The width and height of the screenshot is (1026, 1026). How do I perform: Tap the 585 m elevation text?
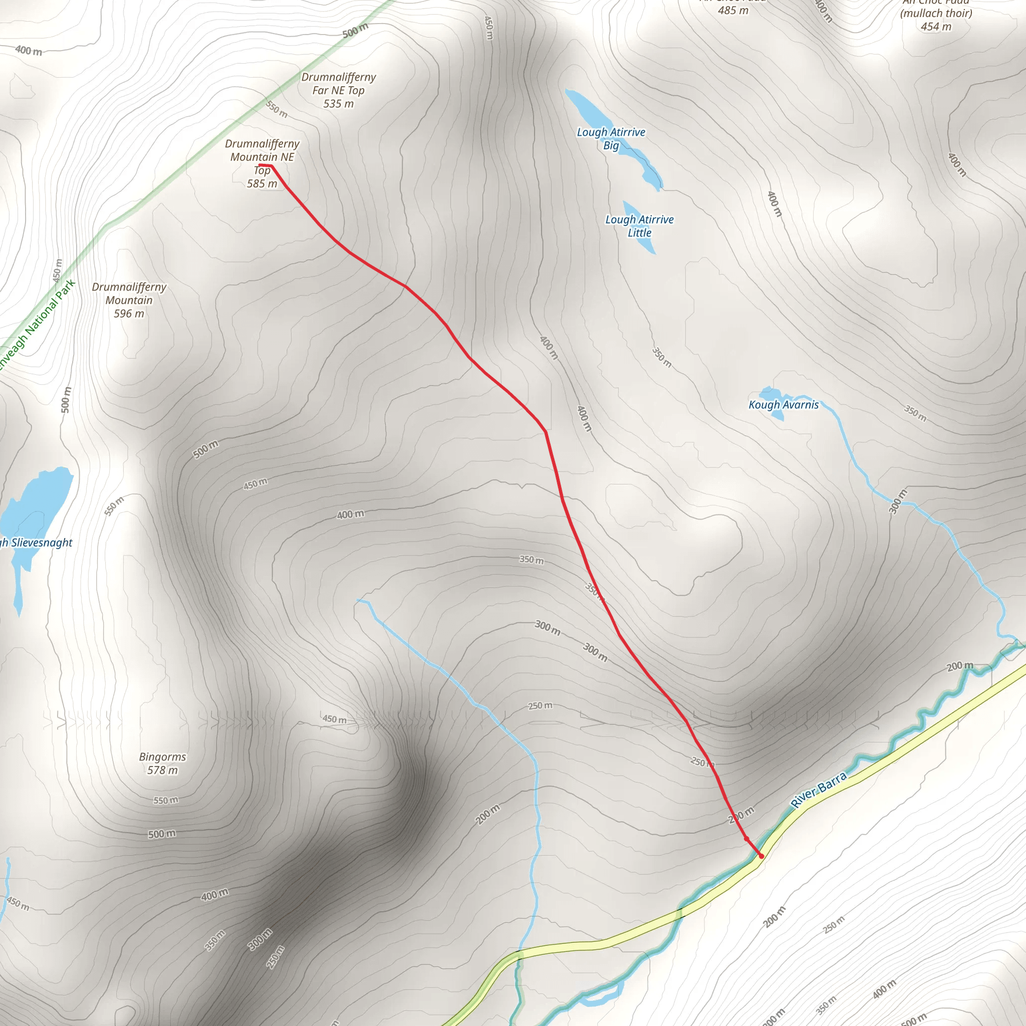click(262, 184)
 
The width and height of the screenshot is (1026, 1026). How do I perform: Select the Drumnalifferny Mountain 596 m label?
click(129, 300)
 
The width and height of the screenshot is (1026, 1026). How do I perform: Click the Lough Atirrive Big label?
click(611, 138)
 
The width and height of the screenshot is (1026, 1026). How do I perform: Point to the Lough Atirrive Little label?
click(639, 226)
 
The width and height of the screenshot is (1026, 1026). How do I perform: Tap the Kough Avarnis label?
click(784, 405)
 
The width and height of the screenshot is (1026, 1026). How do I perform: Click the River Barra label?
click(819, 790)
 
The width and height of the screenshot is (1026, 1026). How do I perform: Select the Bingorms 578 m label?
click(162, 763)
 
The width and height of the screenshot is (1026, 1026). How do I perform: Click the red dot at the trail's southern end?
click(761, 856)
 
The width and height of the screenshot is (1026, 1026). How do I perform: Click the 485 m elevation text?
click(733, 10)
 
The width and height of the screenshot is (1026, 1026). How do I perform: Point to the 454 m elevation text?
click(936, 27)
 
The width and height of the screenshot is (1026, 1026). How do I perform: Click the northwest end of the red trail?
click(260, 166)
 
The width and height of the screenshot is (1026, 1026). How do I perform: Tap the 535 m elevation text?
click(338, 104)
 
